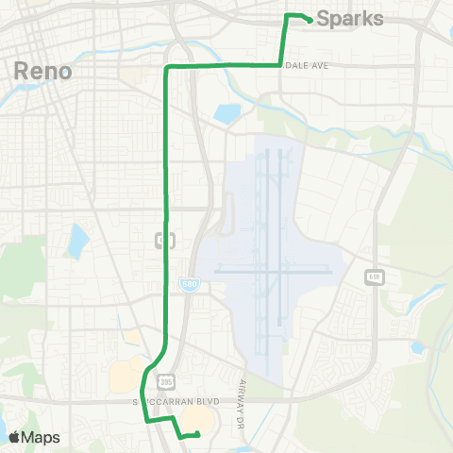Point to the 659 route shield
[x=375, y=275]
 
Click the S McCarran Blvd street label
[x=176, y=401]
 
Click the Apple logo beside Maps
[x=14, y=437]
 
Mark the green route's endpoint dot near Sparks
[x=310, y=21]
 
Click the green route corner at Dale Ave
[x=280, y=65]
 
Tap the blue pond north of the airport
[x=226, y=114]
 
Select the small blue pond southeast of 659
[x=416, y=347]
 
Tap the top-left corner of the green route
[x=167, y=67]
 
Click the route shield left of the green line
[x=162, y=242]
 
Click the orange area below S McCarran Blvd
[x=196, y=418]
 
